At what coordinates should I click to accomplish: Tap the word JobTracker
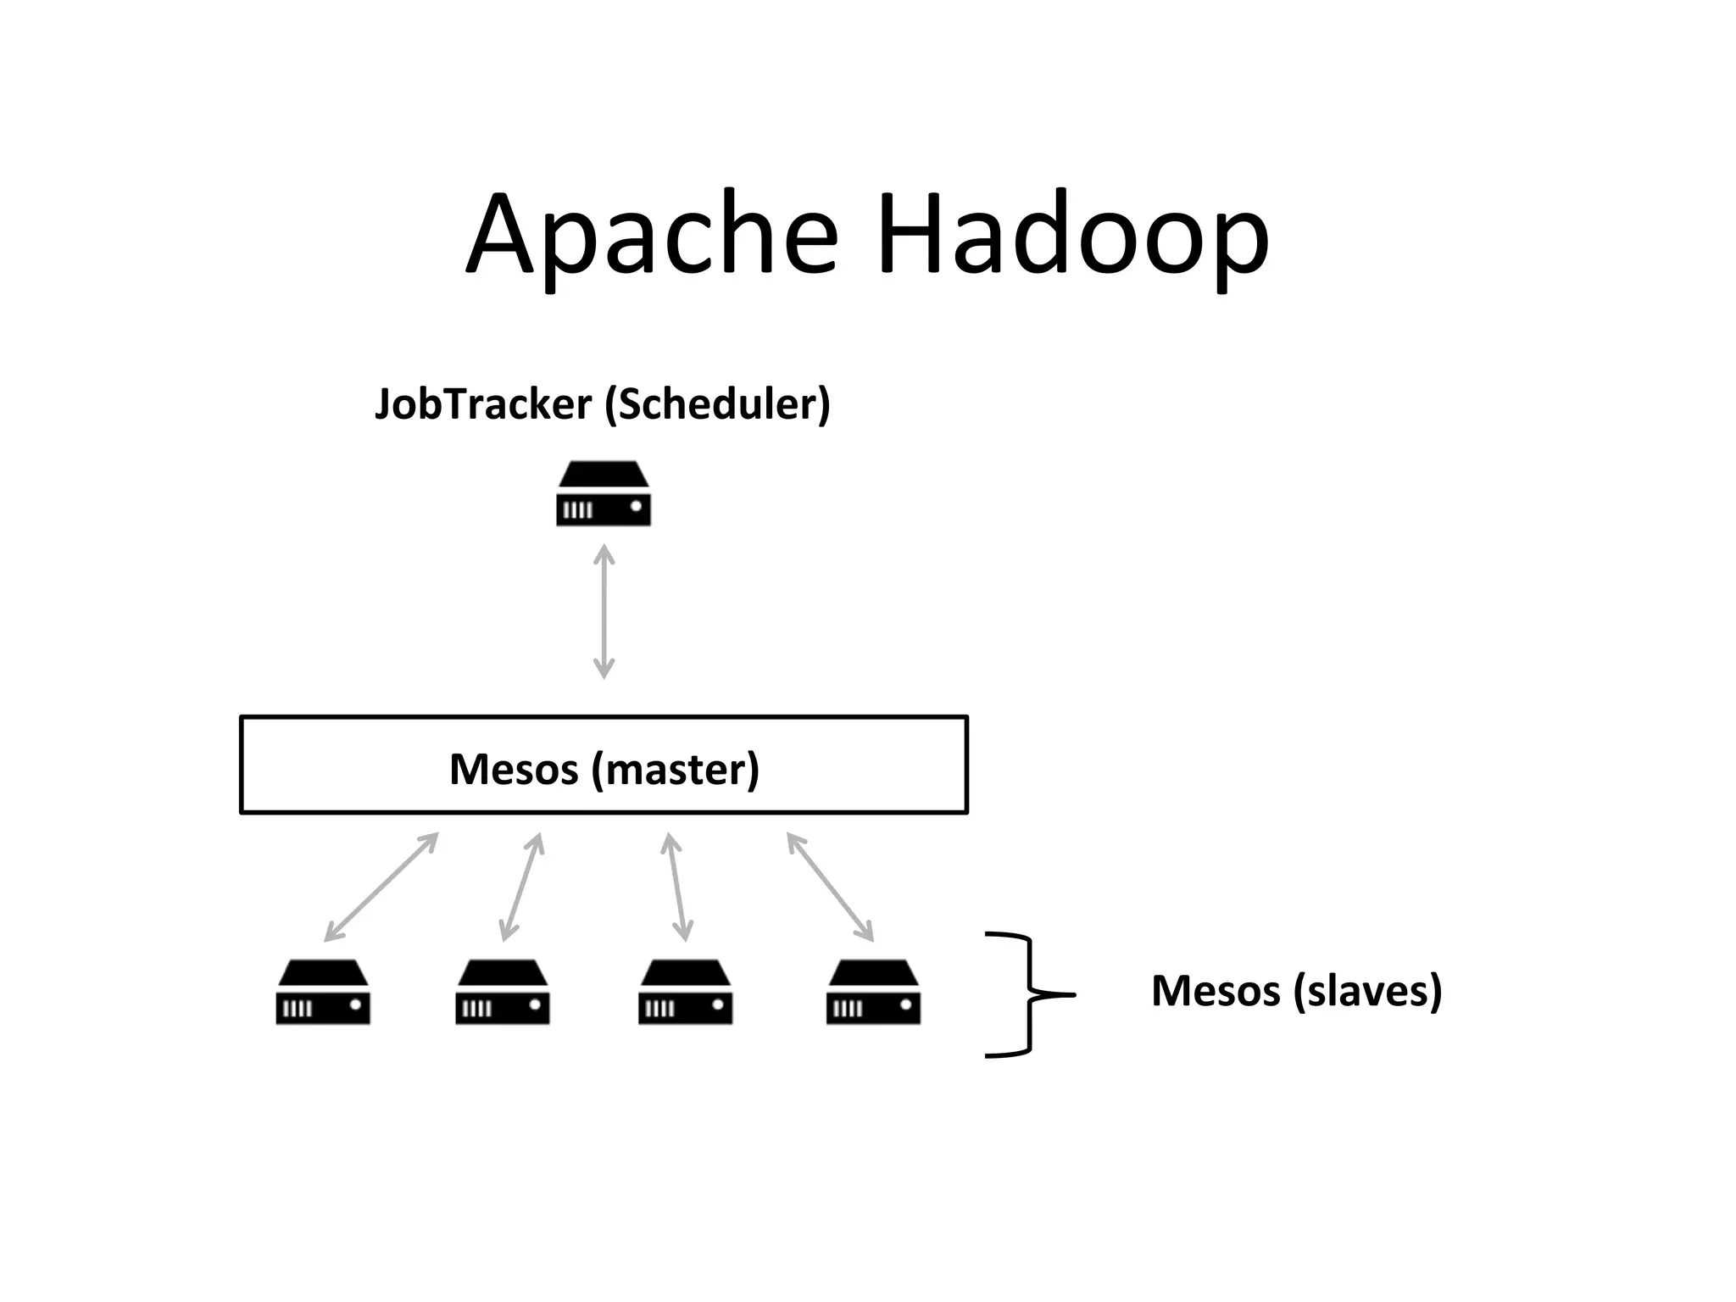[x=483, y=404]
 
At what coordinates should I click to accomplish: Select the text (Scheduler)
[x=717, y=404]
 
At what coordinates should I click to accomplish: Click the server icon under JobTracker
[x=604, y=494]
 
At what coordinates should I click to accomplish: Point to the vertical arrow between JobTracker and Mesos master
[x=604, y=611]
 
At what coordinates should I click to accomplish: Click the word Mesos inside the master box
[x=514, y=769]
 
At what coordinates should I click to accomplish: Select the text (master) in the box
[x=676, y=769]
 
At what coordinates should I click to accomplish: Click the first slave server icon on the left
[x=323, y=992]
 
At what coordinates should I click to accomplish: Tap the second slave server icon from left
[x=503, y=992]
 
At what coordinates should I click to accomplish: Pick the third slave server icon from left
[x=685, y=992]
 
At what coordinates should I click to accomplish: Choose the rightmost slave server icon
[x=873, y=992]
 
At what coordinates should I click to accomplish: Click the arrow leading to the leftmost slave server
[x=381, y=887]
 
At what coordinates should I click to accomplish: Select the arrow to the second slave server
[x=521, y=887]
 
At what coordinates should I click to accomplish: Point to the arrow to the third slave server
[x=677, y=887]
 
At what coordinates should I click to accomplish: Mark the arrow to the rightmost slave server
[x=830, y=887]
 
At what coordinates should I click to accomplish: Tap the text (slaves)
[x=1368, y=990]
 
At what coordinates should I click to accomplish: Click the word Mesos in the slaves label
[x=1216, y=990]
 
